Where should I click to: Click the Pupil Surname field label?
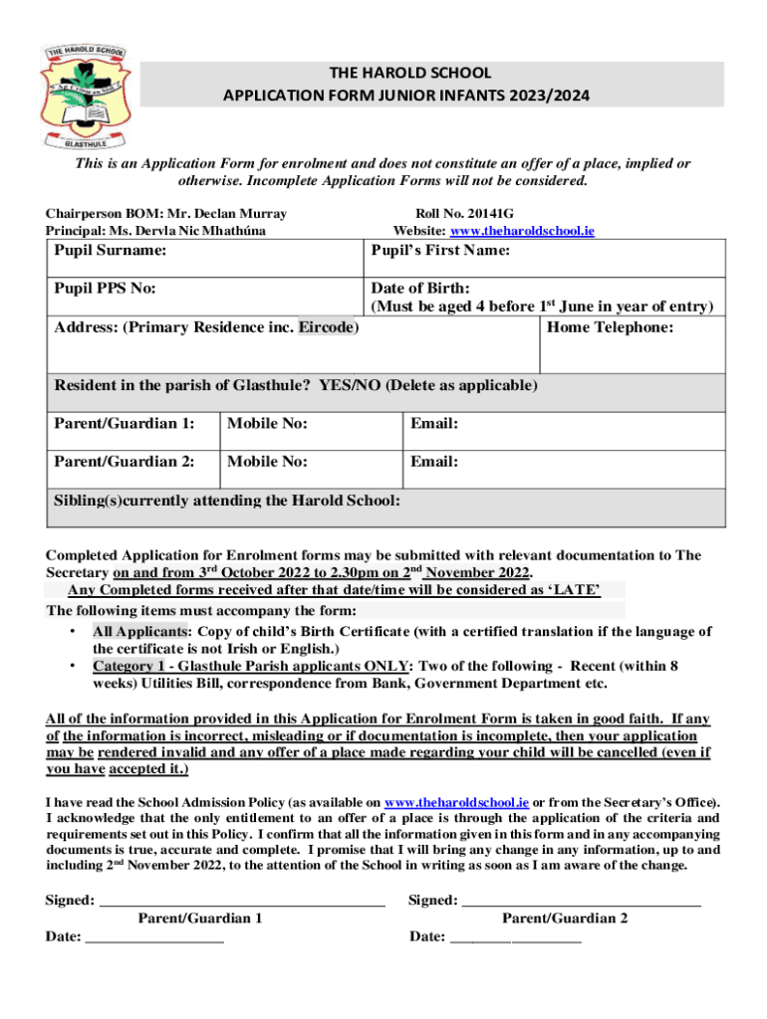click(x=110, y=251)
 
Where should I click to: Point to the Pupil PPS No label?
click(x=105, y=290)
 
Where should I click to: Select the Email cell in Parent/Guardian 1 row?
click(x=563, y=425)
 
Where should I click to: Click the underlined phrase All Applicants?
click(x=139, y=631)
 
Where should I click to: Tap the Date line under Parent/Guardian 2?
click(x=515, y=936)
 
